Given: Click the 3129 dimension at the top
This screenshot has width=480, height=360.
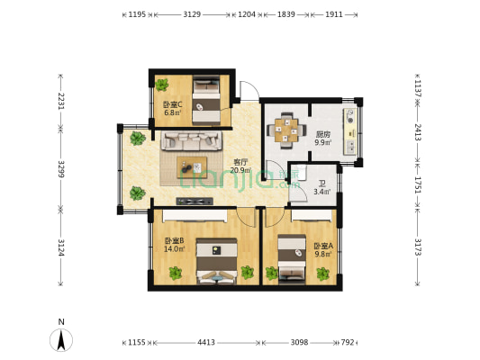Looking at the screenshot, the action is click(x=192, y=14).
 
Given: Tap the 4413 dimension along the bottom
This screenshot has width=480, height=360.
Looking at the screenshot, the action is click(x=206, y=342).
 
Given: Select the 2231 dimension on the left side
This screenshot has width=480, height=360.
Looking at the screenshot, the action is click(x=61, y=101).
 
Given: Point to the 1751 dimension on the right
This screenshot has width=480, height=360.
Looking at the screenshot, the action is click(x=418, y=184).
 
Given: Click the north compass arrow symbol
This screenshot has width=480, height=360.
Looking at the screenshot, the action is click(x=61, y=340).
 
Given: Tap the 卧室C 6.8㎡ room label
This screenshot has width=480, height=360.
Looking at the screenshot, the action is click(x=173, y=109).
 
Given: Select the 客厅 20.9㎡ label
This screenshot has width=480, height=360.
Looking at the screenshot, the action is click(x=240, y=166).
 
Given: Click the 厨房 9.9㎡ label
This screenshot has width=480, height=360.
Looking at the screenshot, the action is click(x=323, y=139).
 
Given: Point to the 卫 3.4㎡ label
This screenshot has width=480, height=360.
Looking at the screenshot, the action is click(x=322, y=188).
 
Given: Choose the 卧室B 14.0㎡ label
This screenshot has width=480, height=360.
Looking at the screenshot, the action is click(x=174, y=245).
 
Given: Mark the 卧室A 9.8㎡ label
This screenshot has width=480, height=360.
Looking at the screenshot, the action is click(x=323, y=250).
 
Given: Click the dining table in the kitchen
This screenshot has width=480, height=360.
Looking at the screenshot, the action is click(x=286, y=130).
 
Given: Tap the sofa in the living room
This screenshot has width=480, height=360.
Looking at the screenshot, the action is click(x=192, y=140).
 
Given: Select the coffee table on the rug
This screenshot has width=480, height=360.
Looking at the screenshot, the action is click(x=192, y=167).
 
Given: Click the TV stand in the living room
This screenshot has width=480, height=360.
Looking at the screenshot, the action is click(x=195, y=202).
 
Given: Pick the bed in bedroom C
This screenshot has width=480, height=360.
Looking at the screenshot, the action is click(x=206, y=100).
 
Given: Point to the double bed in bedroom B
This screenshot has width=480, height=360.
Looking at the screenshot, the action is click(x=217, y=261).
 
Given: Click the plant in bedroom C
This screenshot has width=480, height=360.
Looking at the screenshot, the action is click(x=161, y=85).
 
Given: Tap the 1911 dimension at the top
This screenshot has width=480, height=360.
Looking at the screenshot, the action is click(x=334, y=14).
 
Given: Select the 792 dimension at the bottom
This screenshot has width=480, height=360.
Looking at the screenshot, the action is click(x=348, y=342).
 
